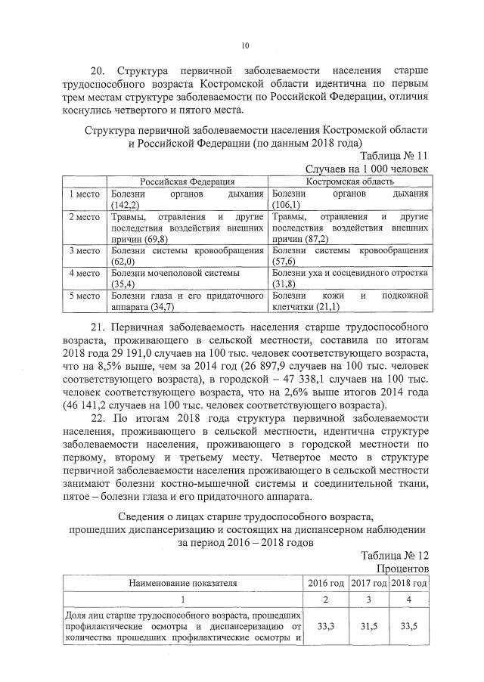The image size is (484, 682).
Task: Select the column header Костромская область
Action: [350, 181]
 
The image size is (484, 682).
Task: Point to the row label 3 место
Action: [85, 250]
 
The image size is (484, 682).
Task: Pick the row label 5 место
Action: [85, 296]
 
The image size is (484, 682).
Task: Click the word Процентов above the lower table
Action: [402, 568]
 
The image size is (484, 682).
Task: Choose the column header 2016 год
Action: [326, 583]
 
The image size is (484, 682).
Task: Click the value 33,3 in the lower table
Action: [326, 626]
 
